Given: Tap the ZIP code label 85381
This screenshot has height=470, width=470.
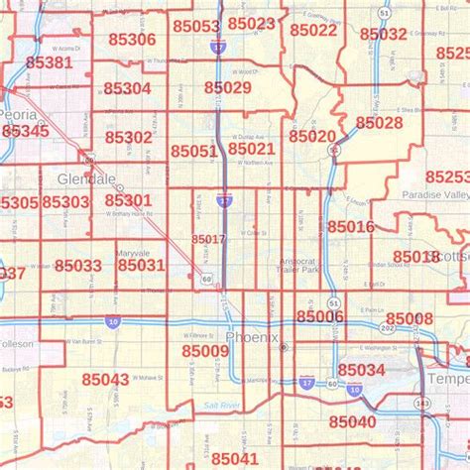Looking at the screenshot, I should click(x=50, y=62).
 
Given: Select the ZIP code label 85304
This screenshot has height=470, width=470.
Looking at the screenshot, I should click(x=127, y=88).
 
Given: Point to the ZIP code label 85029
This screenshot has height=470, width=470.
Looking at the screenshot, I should click(x=228, y=88).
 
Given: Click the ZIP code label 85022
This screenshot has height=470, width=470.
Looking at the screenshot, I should click(x=314, y=30).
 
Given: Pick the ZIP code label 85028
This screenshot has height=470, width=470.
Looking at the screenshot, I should click(x=379, y=123).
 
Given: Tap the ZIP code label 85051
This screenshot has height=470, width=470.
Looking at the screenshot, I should click(x=193, y=151).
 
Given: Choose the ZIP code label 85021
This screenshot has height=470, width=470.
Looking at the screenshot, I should click(x=251, y=149).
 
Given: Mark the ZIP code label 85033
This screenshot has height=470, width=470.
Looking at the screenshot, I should click(x=78, y=266).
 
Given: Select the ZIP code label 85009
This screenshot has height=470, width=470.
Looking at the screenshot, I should click(x=205, y=350).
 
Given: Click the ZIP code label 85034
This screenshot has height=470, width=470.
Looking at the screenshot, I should click(x=361, y=370).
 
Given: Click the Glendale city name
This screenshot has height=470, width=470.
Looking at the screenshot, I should click(x=86, y=179).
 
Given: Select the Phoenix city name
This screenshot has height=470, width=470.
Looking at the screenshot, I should click(x=252, y=338).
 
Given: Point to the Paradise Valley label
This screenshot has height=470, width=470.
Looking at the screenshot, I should click(x=431, y=194).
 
